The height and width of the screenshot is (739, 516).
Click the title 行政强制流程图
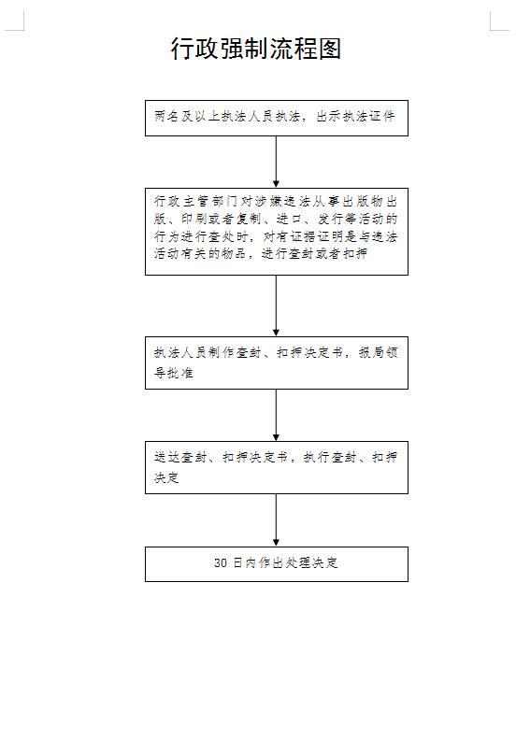(255, 49)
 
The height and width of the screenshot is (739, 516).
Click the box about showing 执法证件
(277, 119)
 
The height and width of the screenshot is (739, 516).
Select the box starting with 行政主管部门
(277, 232)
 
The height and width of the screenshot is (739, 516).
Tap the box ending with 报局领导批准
(277, 362)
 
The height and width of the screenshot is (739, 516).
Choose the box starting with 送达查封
(277, 467)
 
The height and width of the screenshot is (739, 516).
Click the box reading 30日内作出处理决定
(277, 564)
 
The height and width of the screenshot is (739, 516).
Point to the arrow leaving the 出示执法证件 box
(276, 162)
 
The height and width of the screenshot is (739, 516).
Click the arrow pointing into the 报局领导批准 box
(276, 306)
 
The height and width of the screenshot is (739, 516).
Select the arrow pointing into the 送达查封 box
(276, 415)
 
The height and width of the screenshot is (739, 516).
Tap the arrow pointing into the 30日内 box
(276, 519)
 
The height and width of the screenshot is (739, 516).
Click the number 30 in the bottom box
(221, 563)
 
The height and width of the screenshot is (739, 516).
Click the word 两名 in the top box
(167, 117)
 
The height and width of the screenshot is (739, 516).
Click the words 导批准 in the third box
(174, 373)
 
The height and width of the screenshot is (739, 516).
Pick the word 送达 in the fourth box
(167, 457)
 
